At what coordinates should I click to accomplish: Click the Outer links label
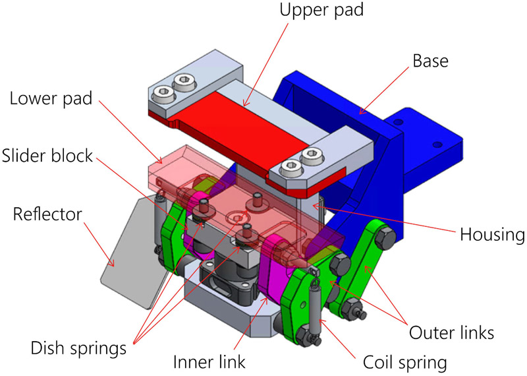[x=452, y=332]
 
